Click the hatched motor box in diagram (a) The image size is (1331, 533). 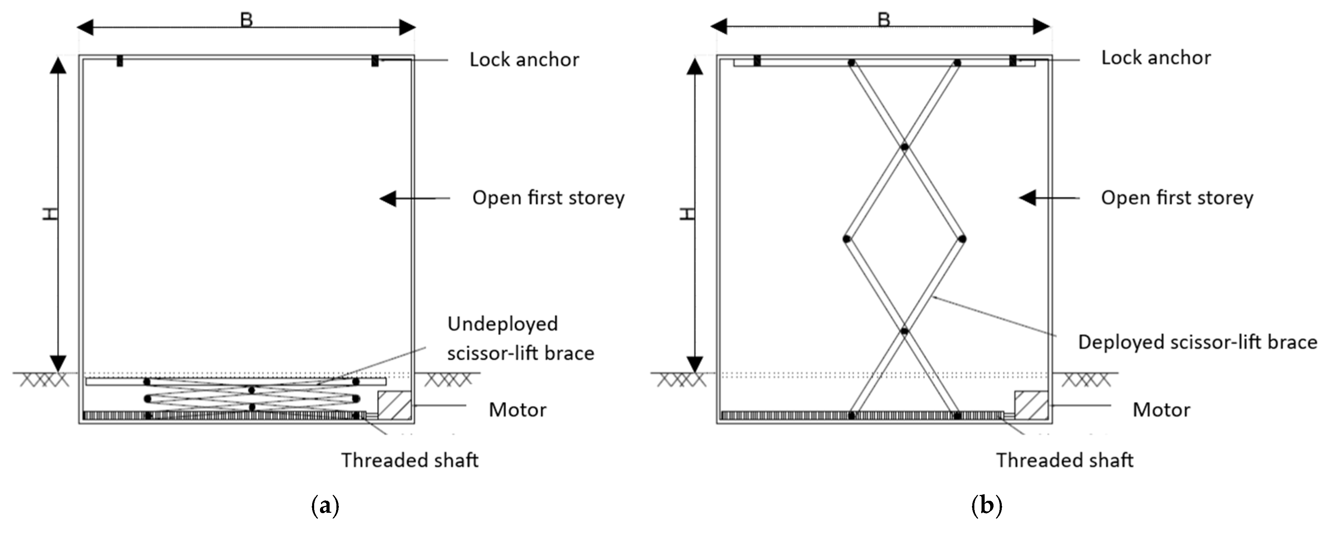pyautogui.click(x=394, y=405)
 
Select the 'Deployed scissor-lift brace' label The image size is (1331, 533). pyautogui.click(x=1197, y=342)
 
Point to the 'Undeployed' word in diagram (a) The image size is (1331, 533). pyautogui.click(x=502, y=324)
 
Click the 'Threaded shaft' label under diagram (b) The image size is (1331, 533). pyautogui.click(x=1064, y=460)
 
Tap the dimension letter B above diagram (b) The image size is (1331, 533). pyautogui.click(x=884, y=20)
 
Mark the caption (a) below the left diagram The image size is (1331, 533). pyautogui.click(x=325, y=505)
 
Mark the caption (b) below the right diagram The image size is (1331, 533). pyautogui.click(x=987, y=505)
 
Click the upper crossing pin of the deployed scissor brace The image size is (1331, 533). pyautogui.click(x=904, y=147)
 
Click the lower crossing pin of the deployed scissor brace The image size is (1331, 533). pyautogui.click(x=904, y=331)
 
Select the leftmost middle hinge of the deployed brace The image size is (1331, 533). pyautogui.click(x=846, y=239)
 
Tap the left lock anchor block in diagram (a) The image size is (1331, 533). pyautogui.click(x=120, y=61)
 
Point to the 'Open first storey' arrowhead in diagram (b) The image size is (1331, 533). pyautogui.click(x=1027, y=197)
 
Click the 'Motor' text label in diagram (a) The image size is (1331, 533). pyautogui.click(x=517, y=410)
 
